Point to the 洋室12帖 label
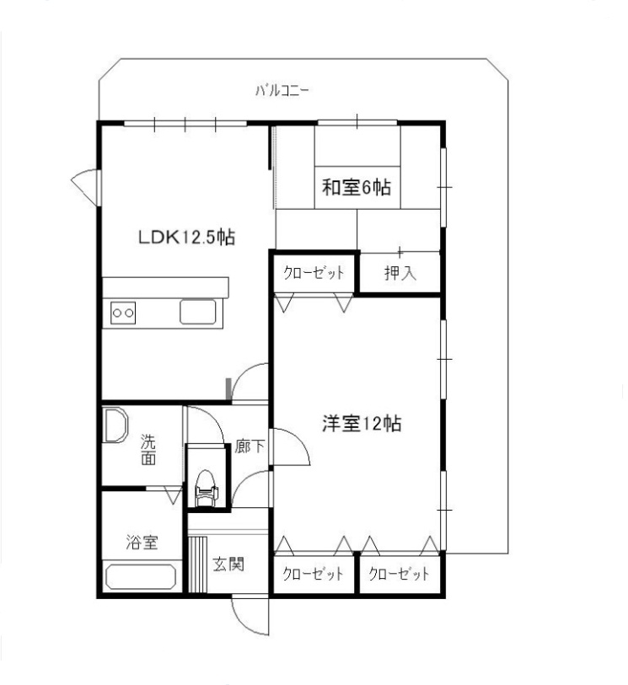pos(360,424)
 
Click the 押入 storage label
pos(399,273)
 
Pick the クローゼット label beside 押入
pos(314,273)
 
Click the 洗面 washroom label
pos(148,450)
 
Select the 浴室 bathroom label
pos(142,543)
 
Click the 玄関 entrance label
pos(228,564)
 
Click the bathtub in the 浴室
pos(141,578)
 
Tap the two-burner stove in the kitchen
pos(123,313)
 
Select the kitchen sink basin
pos(201,313)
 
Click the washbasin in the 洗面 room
pos(115,426)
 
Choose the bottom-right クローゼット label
pos(399,575)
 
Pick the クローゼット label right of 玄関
pos(313,575)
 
